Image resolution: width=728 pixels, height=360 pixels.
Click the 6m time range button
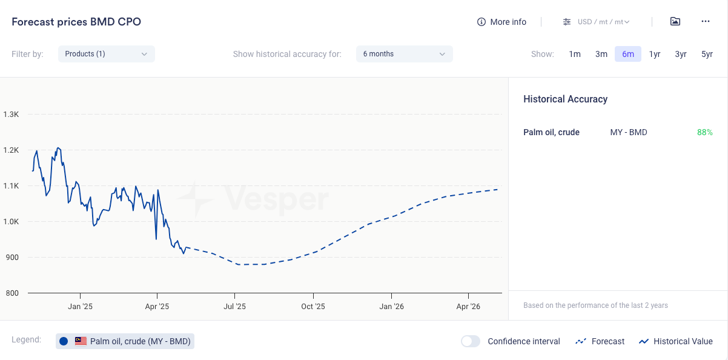(x=627, y=54)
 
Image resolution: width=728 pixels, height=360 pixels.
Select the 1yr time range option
(x=655, y=54)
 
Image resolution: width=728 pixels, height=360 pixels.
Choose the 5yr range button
(x=707, y=54)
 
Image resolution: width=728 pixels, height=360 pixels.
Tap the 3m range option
(x=601, y=54)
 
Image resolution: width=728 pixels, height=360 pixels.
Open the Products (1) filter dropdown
(x=107, y=54)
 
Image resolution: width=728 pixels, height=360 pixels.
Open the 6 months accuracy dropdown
(x=404, y=54)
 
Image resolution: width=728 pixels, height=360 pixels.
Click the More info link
(x=501, y=22)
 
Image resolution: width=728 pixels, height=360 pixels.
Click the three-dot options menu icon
(x=705, y=22)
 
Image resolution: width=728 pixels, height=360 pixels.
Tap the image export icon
(x=675, y=22)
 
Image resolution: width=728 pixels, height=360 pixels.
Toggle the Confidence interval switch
(x=471, y=341)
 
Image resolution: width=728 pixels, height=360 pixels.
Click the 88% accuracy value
(x=704, y=132)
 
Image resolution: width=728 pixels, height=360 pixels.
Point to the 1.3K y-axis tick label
(x=12, y=114)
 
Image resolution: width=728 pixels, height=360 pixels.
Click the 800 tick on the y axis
(x=12, y=293)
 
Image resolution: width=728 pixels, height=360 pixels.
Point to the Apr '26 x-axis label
(x=468, y=307)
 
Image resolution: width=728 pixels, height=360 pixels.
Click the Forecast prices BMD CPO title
(x=76, y=22)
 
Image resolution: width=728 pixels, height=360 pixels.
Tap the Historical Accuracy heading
(x=565, y=99)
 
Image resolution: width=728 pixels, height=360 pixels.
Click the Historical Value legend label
(x=683, y=341)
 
